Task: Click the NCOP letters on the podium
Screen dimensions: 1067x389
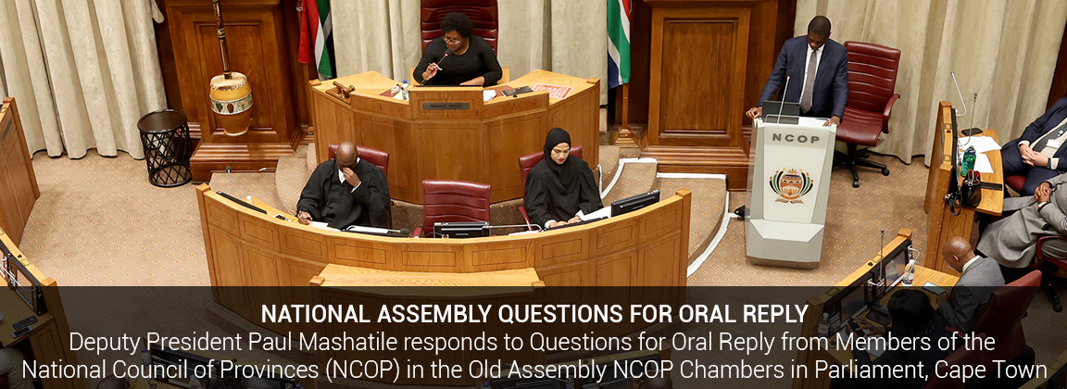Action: tap(791, 137)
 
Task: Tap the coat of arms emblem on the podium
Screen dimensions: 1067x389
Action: tap(791, 184)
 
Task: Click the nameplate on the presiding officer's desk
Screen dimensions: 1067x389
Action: tap(446, 107)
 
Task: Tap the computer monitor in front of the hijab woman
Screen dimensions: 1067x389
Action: tap(634, 204)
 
